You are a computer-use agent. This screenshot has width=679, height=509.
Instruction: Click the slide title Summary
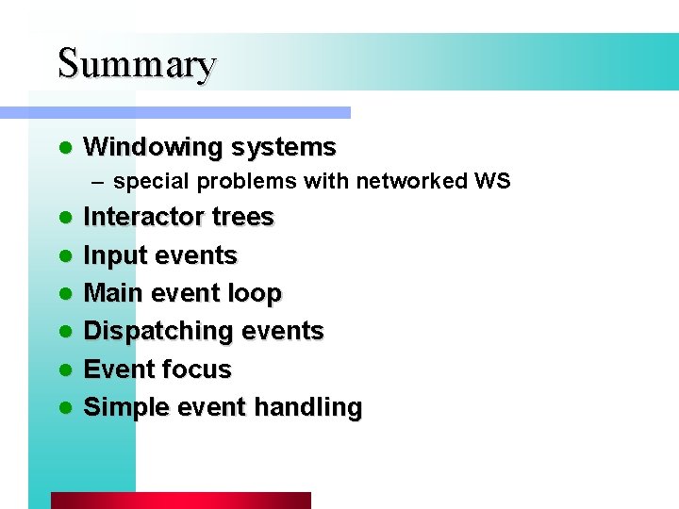point(137,63)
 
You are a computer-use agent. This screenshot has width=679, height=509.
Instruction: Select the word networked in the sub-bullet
point(411,180)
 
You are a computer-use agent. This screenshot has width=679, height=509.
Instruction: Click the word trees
point(242,217)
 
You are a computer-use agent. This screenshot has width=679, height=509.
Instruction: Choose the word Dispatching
point(157,332)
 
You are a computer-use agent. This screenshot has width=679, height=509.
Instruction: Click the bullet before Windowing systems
point(64,148)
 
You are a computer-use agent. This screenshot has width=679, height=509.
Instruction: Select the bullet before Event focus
point(64,369)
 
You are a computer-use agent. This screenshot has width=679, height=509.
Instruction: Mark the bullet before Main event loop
point(64,294)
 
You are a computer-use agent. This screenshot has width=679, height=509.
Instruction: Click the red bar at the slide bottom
point(180,501)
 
